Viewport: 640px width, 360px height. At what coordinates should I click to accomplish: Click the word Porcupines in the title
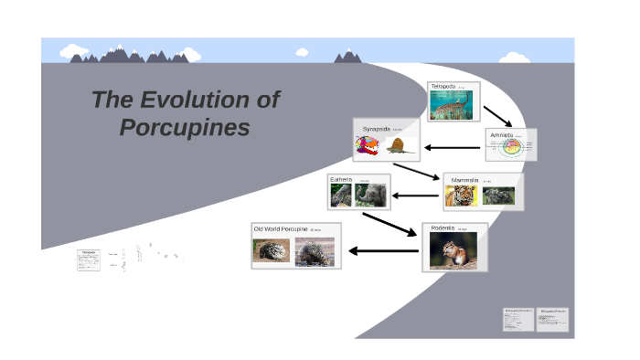point(185,127)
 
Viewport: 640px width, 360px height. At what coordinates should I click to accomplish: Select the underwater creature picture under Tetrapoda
point(453,107)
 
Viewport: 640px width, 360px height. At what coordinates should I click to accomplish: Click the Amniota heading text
point(502,134)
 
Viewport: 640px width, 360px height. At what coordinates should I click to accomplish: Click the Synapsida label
point(376,129)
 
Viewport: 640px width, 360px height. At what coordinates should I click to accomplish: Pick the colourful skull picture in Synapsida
point(368,145)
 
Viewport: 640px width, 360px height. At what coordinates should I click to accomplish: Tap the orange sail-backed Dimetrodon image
point(399,146)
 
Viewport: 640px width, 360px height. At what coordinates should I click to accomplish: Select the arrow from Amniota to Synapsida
point(453,148)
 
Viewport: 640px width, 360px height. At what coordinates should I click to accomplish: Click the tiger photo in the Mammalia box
point(462,196)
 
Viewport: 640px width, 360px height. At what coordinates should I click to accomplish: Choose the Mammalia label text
point(464,180)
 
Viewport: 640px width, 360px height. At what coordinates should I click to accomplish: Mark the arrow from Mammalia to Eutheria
point(416,196)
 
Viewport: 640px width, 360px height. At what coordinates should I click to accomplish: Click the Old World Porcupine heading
point(281,228)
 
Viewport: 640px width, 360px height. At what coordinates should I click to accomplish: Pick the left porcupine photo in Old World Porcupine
point(272,250)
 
